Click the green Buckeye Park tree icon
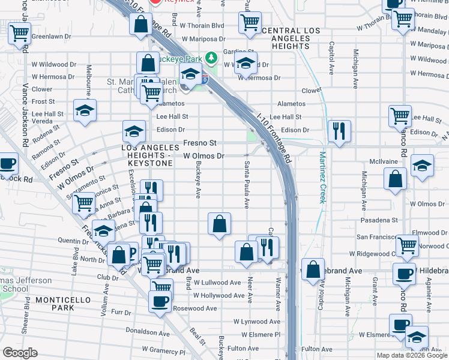point(211,58)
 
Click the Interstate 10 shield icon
point(205,79)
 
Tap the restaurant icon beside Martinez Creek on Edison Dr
point(339,131)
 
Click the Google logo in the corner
point(20,353)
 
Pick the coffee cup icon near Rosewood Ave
point(160,301)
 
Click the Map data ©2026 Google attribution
point(412,355)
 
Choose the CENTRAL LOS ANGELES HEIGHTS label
point(286,38)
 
